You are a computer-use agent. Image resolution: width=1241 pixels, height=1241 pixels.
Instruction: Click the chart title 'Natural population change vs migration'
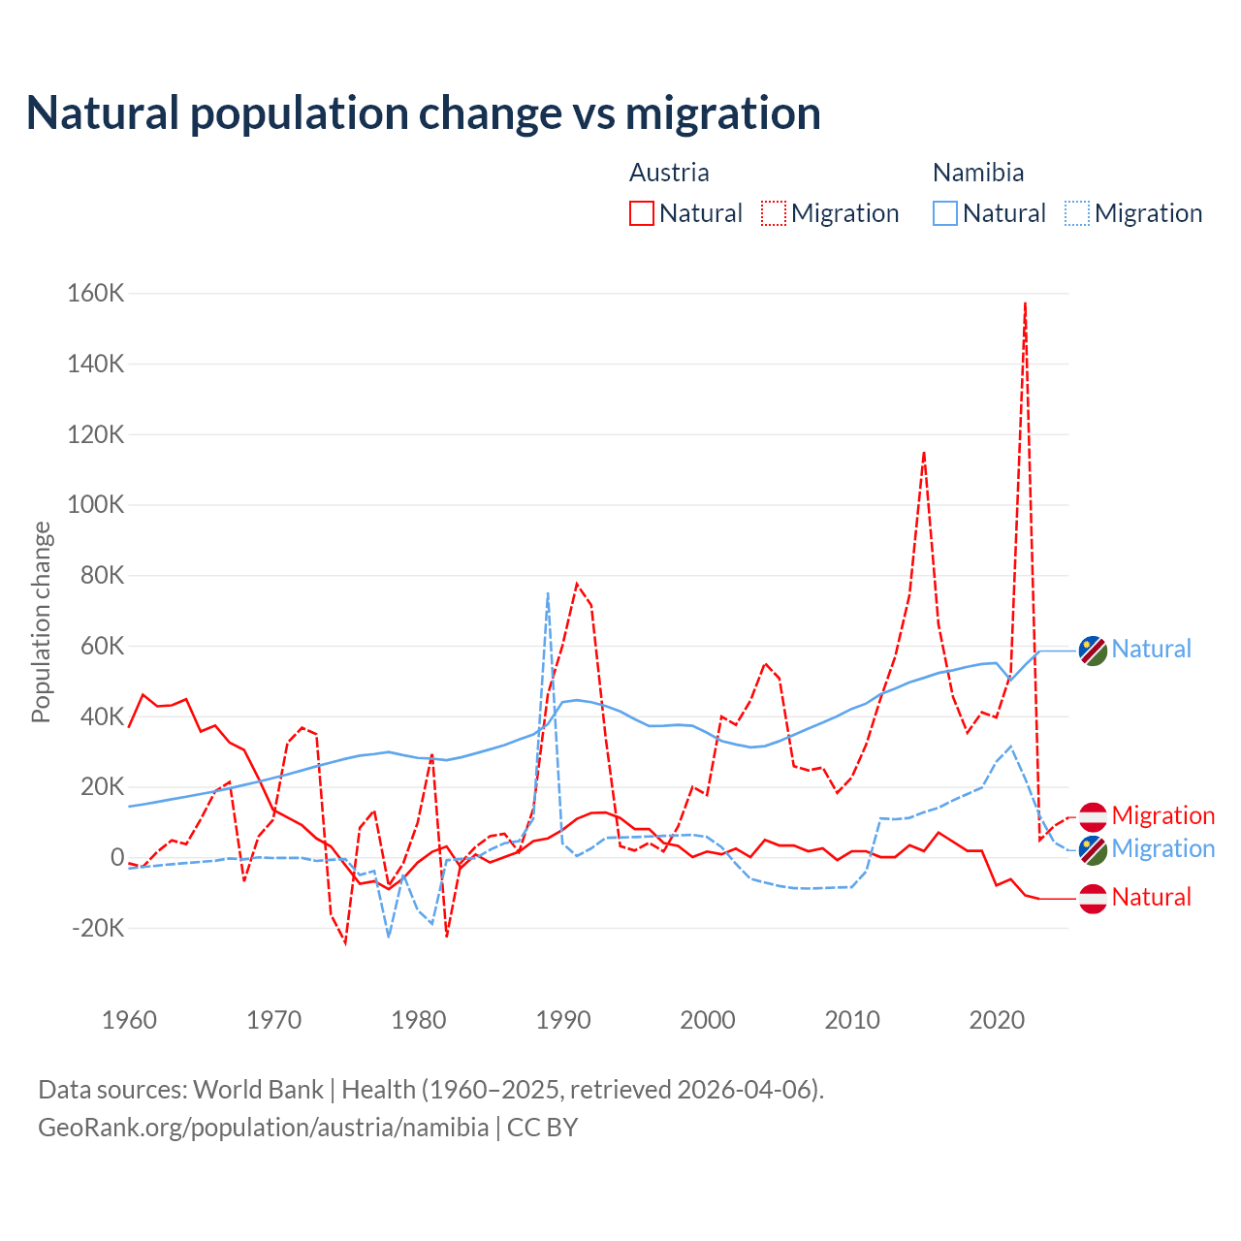[424, 112]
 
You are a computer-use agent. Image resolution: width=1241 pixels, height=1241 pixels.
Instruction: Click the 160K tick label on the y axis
[96, 293]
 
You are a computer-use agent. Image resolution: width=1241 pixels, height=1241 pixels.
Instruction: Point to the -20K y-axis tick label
[98, 928]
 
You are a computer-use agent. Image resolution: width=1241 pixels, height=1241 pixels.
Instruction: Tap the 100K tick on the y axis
[96, 505]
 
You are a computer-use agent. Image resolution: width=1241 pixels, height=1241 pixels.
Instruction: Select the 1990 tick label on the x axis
[563, 1020]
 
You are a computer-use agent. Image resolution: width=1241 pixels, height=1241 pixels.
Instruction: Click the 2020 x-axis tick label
[997, 1020]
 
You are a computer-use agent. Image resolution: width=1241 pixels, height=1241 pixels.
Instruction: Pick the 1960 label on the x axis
[129, 1020]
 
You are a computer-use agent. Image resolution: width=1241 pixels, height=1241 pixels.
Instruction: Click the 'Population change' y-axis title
[41, 621]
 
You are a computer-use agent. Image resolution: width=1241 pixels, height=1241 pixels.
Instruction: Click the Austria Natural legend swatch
[642, 213]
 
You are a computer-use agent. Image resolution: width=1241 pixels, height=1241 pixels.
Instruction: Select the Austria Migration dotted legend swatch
[774, 213]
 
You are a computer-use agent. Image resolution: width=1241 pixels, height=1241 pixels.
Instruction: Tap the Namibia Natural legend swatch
[945, 213]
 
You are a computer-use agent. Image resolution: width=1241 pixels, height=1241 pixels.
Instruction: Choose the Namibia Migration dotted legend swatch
[1077, 213]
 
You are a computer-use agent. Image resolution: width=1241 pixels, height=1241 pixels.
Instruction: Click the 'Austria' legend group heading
[669, 173]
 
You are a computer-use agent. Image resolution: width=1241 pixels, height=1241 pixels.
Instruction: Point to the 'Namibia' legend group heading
[978, 173]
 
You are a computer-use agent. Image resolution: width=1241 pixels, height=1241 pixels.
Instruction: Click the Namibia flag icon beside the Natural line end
[1093, 651]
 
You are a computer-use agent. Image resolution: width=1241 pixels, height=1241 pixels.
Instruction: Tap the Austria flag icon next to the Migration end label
[1093, 816]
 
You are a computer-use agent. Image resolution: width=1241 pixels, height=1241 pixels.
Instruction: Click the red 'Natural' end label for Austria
[1151, 897]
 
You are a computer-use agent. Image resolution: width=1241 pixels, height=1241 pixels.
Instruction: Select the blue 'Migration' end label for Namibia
[1162, 849]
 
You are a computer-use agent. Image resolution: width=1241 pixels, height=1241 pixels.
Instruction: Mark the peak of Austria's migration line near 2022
[1025, 303]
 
